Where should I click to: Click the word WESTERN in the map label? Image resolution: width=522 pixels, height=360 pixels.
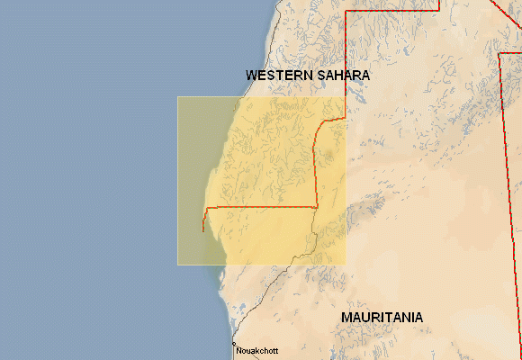279,76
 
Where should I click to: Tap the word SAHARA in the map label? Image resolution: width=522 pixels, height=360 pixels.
343,76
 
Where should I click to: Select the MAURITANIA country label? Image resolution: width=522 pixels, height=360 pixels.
382,318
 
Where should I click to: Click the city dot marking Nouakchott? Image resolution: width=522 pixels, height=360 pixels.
233,345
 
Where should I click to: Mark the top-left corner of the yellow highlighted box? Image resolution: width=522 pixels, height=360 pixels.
177,97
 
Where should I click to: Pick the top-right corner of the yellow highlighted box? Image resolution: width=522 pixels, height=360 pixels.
346,97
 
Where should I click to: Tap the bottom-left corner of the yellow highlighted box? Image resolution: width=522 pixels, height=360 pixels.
177,265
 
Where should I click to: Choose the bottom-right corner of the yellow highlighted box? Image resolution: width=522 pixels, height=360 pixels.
346,265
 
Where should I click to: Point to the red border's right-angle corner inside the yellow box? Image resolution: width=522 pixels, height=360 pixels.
317,207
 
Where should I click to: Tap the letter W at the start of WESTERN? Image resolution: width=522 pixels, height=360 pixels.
251,76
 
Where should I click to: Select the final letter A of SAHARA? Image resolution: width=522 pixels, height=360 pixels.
364,76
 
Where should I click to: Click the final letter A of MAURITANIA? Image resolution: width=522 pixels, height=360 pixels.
418,318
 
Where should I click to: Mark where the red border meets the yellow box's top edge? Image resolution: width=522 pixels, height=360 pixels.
346,97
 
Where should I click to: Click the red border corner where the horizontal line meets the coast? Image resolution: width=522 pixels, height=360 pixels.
206,208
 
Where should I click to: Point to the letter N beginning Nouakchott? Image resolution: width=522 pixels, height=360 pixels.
238,351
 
